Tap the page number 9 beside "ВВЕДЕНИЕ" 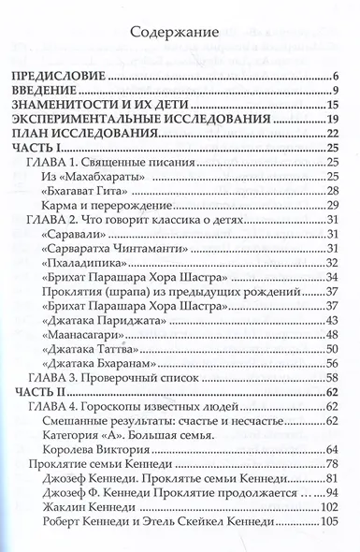pyautogui.click(x=333, y=91)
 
